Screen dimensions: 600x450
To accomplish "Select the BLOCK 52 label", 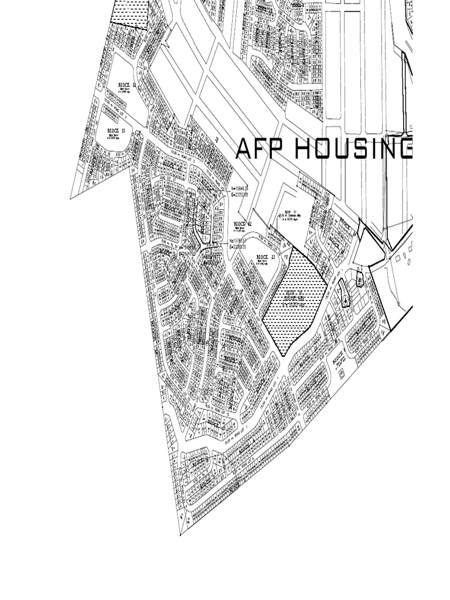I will click(125, 86).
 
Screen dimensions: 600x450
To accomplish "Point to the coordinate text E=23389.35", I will click(241, 248).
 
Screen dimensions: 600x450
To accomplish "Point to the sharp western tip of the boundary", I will click(71, 198).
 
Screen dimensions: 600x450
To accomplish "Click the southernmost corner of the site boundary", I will click(180, 534).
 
